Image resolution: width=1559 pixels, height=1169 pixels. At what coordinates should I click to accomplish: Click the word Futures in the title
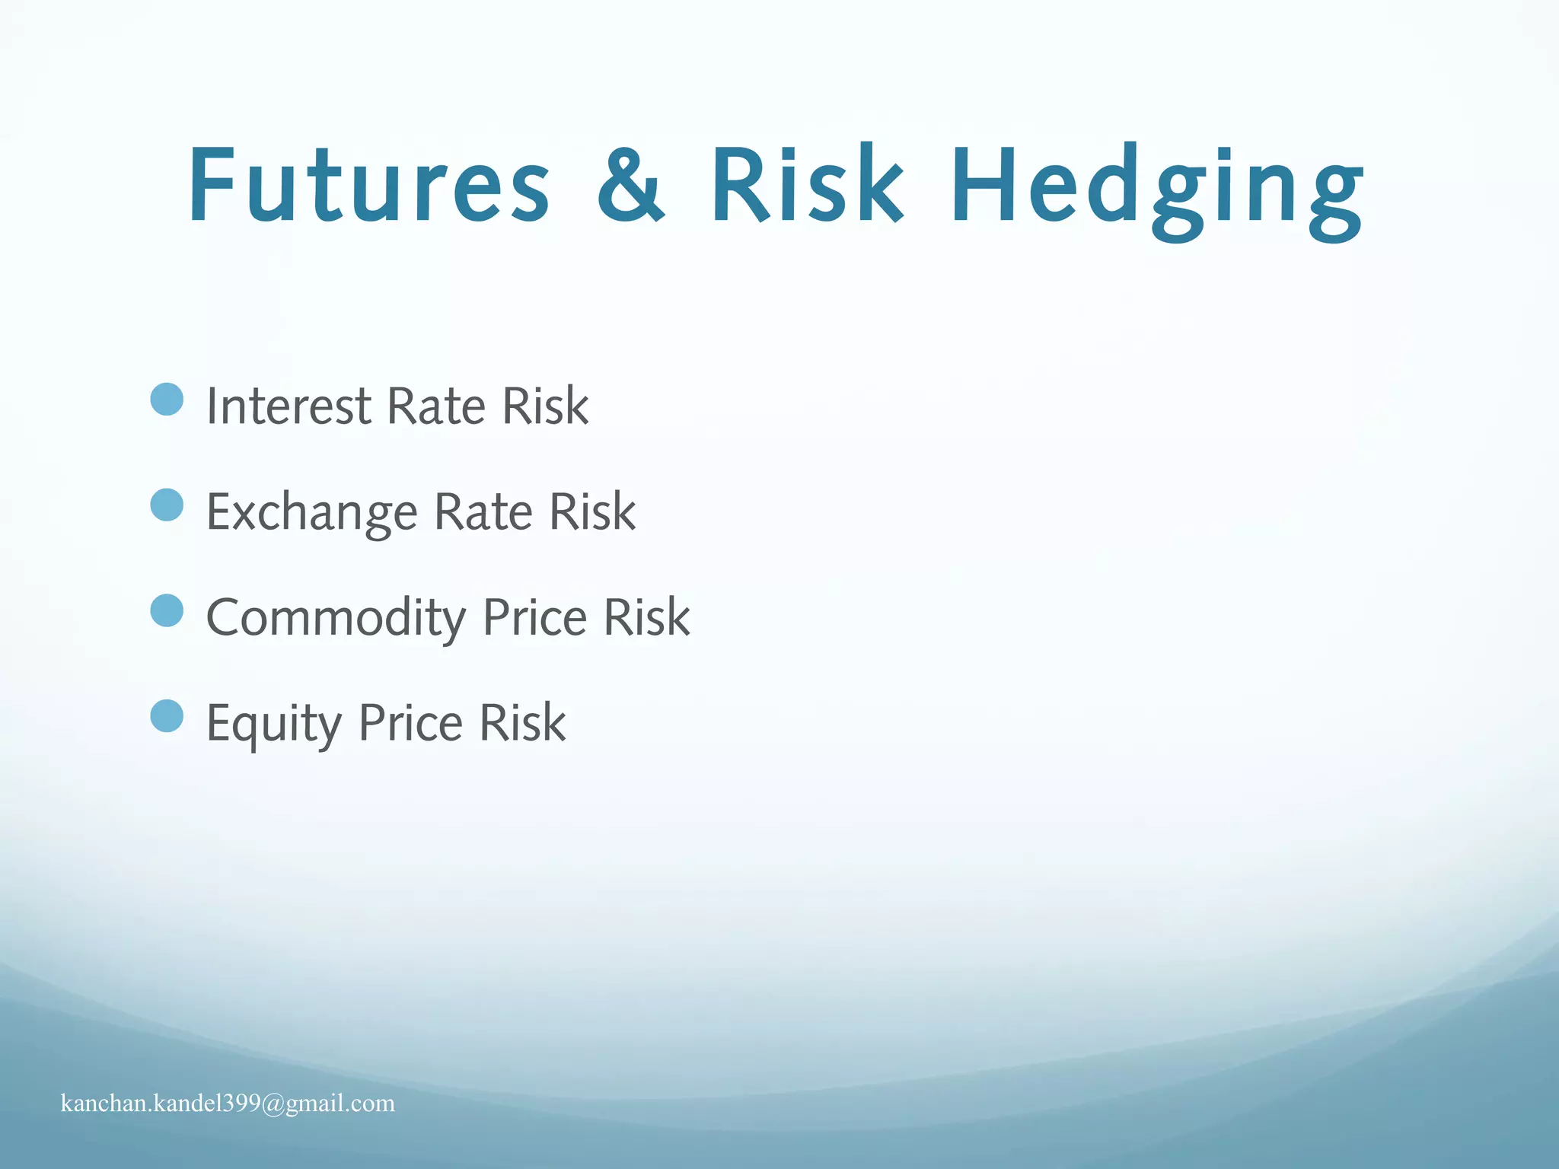[x=369, y=186]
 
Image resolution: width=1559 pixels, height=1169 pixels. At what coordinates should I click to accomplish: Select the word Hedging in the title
[x=1157, y=190]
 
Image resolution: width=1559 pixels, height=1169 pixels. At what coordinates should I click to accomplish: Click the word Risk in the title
[x=807, y=186]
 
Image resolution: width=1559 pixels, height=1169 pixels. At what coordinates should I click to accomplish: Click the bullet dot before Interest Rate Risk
[x=167, y=400]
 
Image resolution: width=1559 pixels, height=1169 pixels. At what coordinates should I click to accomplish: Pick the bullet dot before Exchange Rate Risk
[x=167, y=505]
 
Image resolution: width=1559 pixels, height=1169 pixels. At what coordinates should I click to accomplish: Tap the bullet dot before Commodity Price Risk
[x=167, y=611]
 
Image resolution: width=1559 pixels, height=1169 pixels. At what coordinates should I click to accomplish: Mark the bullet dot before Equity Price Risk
[x=167, y=716]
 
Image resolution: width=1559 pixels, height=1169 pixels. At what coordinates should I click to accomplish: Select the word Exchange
[x=311, y=512]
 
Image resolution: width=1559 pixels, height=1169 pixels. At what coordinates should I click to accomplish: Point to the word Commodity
[x=336, y=618]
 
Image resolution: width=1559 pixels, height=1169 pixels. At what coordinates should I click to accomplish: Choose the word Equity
[x=273, y=724]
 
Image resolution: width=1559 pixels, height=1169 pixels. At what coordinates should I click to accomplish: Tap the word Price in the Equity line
[x=410, y=722]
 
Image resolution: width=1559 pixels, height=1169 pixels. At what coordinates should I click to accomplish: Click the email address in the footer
[x=228, y=1104]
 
